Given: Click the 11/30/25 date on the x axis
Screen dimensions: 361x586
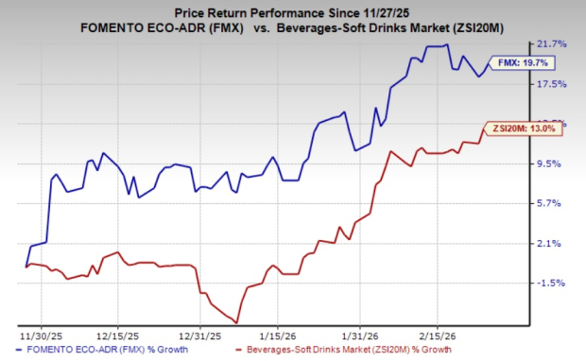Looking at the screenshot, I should coord(38,335).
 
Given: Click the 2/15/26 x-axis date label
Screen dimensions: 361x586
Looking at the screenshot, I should coord(432,335).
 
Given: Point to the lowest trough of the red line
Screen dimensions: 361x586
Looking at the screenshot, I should coord(236,323).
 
